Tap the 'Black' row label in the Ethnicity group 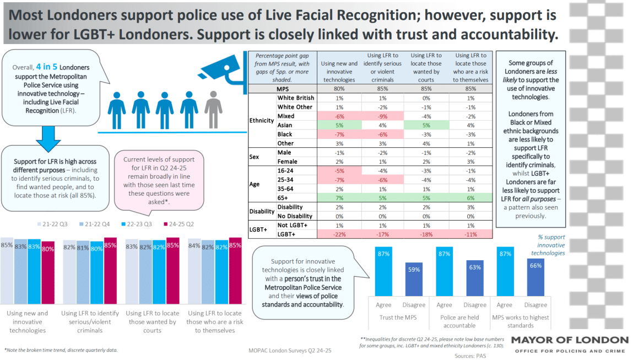click(285, 134)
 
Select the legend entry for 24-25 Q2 click(180, 224)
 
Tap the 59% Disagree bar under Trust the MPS click(414, 280)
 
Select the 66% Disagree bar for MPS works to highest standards click(535, 278)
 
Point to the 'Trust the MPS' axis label click(398, 318)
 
